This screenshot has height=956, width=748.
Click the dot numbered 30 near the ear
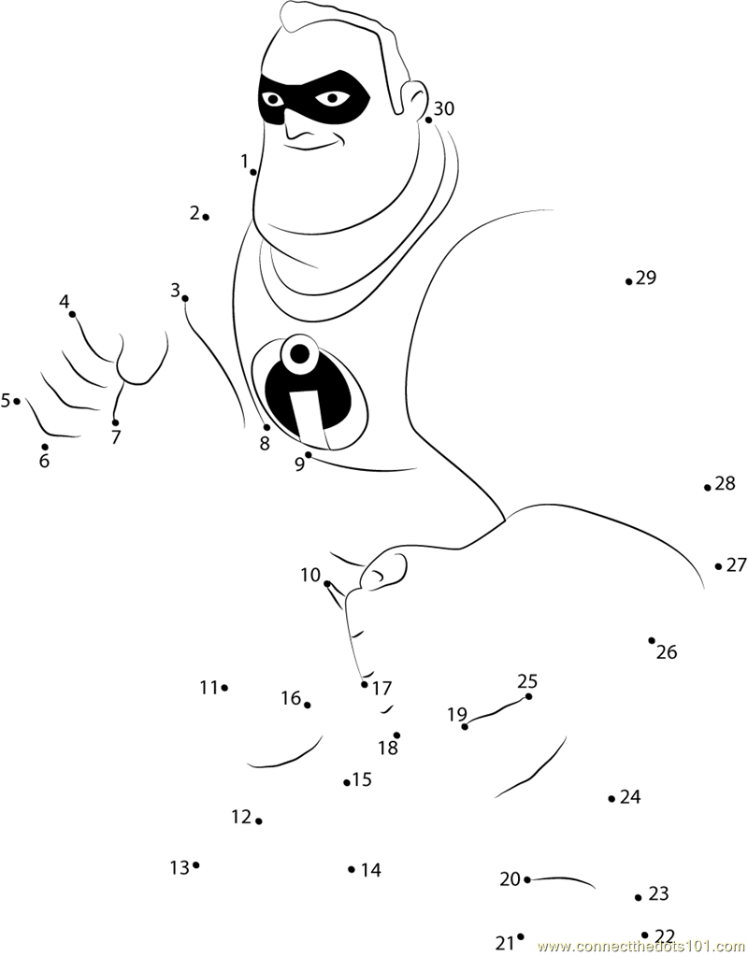(x=428, y=121)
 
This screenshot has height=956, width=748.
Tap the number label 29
(x=645, y=278)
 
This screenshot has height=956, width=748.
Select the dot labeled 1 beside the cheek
(x=253, y=173)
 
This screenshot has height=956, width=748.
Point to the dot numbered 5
(x=17, y=401)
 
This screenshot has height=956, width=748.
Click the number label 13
(x=180, y=867)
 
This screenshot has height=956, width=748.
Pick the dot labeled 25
(x=528, y=696)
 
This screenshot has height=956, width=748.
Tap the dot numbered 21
(x=521, y=936)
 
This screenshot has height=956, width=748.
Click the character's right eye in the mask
(x=272, y=99)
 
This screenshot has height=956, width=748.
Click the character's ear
(x=414, y=97)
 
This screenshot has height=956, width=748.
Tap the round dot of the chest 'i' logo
(x=299, y=353)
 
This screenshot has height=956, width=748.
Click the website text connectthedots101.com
(x=641, y=947)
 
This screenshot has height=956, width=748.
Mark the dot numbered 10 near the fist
(x=327, y=584)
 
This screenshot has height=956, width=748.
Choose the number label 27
(x=737, y=565)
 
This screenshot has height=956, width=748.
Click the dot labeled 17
(x=365, y=684)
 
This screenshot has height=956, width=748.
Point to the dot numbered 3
(x=185, y=298)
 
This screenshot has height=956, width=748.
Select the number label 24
(x=630, y=797)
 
